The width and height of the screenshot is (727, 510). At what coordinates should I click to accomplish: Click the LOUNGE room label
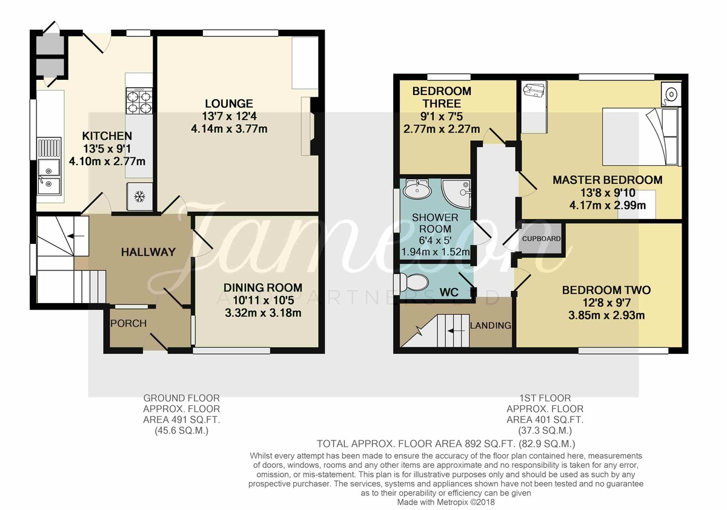229,103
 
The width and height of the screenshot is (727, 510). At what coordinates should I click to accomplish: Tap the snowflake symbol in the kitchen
139,197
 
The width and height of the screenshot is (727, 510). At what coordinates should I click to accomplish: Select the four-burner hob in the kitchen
139,101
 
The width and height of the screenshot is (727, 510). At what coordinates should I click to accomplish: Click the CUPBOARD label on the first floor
541,239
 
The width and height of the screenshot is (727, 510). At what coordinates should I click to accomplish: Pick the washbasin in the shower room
417,189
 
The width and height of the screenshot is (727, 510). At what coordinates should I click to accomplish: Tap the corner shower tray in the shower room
456,194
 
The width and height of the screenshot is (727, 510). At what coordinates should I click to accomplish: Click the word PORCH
128,324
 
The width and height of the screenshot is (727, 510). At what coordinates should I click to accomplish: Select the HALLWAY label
148,252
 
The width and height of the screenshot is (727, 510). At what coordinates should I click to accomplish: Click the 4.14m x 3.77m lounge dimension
229,129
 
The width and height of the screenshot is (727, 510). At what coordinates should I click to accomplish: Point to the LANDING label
490,325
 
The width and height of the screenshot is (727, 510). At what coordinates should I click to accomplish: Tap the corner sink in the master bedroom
671,94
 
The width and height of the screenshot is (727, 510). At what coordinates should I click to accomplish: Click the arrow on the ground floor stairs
78,236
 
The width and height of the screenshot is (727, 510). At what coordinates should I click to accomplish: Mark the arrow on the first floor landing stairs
456,331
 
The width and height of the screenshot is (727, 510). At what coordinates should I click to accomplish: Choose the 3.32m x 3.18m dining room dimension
263,313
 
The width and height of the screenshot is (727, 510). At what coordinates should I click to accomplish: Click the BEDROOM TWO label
606,290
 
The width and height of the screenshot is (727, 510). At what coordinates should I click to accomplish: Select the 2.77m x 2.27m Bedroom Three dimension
442,129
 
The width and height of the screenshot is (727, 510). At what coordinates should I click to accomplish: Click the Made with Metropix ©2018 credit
446,502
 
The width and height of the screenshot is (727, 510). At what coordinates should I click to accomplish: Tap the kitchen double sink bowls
48,177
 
